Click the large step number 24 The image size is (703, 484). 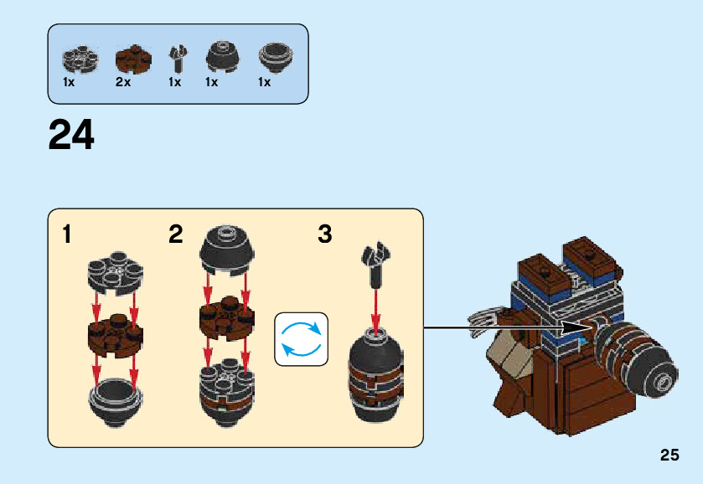point(72,135)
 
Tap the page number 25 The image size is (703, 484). point(669,456)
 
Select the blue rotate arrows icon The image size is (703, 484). point(302,338)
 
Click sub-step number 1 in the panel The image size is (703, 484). point(67,234)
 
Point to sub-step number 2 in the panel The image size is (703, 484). point(175,234)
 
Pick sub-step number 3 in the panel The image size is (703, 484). point(325,234)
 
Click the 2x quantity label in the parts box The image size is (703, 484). point(123,82)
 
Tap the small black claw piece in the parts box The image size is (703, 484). point(176,59)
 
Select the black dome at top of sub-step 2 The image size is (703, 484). point(224,248)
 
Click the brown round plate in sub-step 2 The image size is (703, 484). point(224,318)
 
